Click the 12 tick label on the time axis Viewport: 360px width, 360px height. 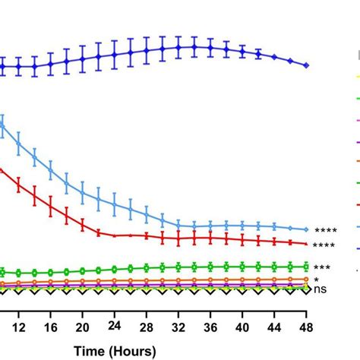(x=18, y=326)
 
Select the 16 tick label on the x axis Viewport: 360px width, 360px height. (x=50, y=326)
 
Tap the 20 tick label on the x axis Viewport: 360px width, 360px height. (x=82, y=326)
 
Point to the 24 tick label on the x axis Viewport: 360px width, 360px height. (x=114, y=324)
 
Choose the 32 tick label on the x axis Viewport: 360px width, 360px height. (x=178, y=326)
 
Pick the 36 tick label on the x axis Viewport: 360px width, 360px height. (x=210, y=326)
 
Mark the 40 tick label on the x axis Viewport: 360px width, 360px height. (x=242, y=326)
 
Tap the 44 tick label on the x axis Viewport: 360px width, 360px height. (x=274, y=326)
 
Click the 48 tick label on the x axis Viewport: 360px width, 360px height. (x=306, y=326)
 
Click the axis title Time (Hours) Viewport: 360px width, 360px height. (x=114, y=350)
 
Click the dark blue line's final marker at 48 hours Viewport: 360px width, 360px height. (x=306, y=66)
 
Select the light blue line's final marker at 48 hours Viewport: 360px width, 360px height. (x=306, y=229)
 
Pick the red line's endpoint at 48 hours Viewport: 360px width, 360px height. (x=306, y=244)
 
